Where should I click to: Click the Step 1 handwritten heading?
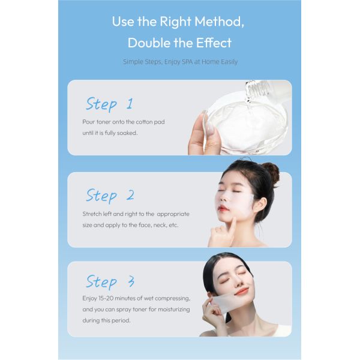pos(109,104)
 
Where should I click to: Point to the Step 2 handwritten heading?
pos(110,196)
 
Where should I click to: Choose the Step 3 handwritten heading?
pos(110,281)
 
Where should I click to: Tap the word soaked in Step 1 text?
pos(127,133)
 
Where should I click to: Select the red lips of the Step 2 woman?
pos(224,209)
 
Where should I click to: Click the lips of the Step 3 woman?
pos(241,291)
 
